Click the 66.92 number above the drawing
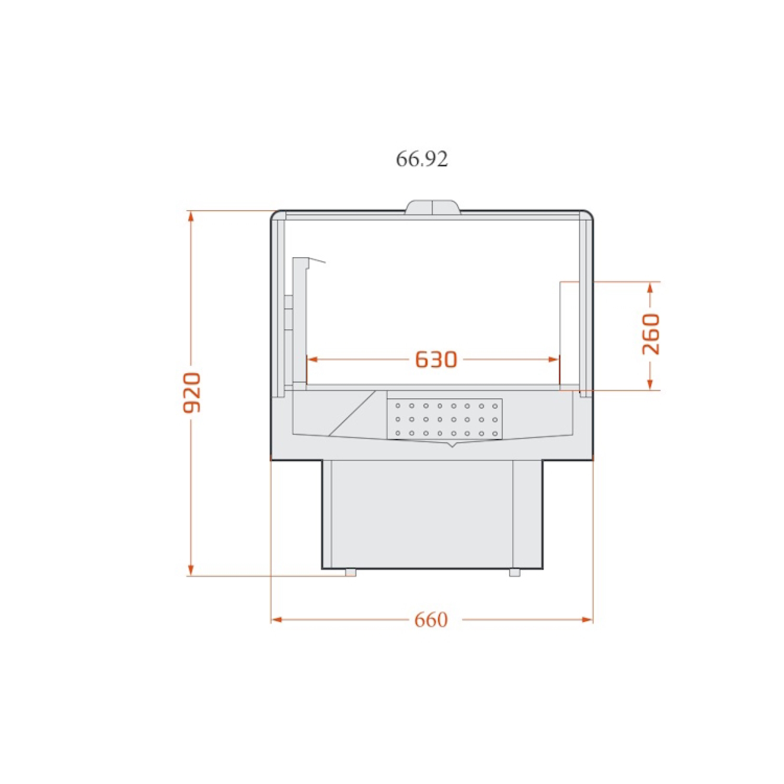tap(422, 160)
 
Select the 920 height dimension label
tap(192, 392)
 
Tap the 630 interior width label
tap(436, 359)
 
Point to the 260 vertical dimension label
tap(651, 334)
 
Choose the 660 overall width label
tap(431, 620)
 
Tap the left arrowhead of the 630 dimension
tap(312, 359)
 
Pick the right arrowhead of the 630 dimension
tap(554, 359)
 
